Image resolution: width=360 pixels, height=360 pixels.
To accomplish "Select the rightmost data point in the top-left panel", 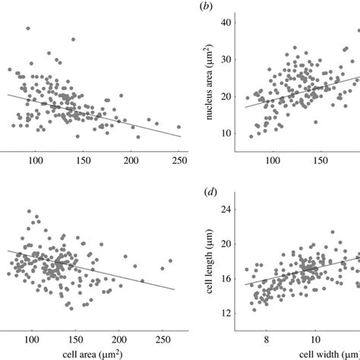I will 178,127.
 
